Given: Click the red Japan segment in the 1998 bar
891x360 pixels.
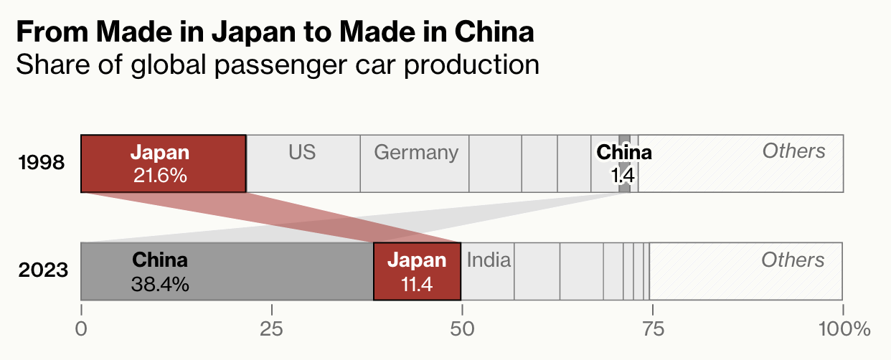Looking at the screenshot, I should [x=163, y=164].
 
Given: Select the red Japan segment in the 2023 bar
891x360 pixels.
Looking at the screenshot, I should [x=417, y=271].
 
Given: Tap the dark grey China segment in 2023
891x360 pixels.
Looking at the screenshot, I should [x=227, y=271].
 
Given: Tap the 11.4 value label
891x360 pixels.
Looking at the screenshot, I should [x=417, y=284].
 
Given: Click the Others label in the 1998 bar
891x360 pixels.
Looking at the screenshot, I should [x=793, y=151].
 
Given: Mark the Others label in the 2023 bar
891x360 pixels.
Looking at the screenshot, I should [x=793, y=260].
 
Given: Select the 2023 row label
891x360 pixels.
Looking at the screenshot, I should [x=43, y=271].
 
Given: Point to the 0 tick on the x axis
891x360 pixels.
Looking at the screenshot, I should [x=82, y=329].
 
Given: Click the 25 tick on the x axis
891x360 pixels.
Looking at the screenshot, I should [x=272, y=329].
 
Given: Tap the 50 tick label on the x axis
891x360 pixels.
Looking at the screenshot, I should [x=462, y=329].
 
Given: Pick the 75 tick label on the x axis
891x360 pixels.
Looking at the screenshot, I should [x=652, y=329].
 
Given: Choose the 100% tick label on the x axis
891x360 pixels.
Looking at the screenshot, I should [x=841, y=329].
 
